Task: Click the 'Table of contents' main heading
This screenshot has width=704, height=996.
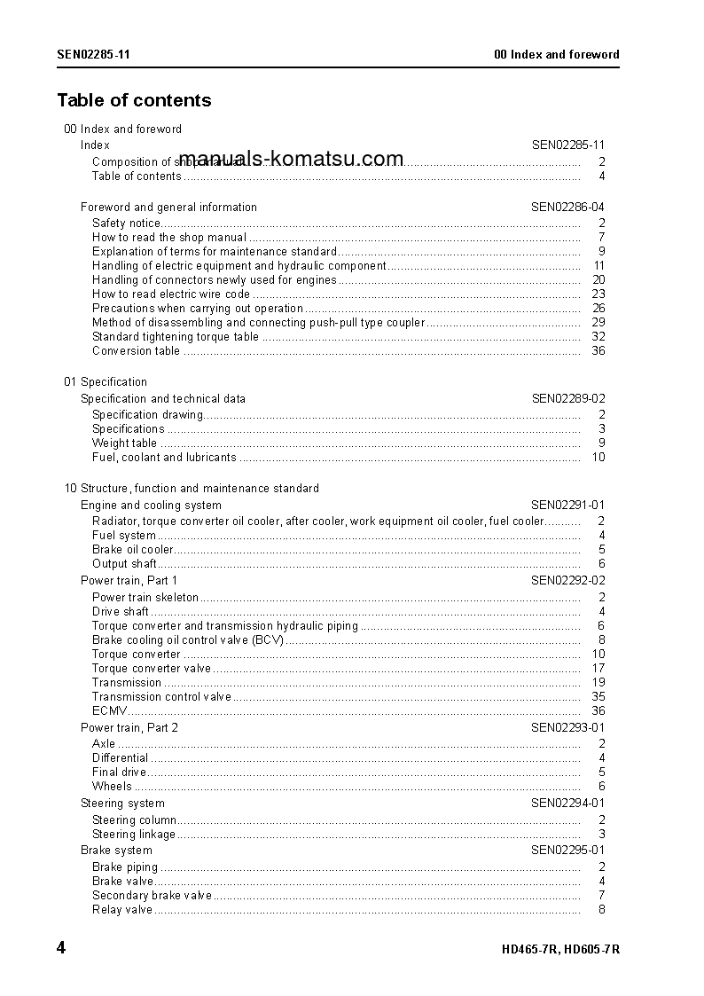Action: click(x=134, y=100)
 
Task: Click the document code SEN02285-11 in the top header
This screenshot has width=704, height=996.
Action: click(x=94, y=54)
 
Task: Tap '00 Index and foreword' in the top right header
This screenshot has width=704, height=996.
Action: click(x=556, y=54)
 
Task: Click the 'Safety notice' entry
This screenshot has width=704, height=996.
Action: click(x=127, y=223)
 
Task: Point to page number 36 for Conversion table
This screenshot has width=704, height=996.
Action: click(x=598, y=350)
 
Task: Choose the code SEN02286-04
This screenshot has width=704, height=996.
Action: click(x=567, y=207)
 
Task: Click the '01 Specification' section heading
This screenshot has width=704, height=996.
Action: click(x=106, y=381)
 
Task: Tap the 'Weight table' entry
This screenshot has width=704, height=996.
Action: click(x=124, y=443)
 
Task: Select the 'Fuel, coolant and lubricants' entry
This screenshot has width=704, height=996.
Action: click(x=164, y=457)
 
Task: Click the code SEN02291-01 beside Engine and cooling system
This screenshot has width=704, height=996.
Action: click(x=567, y=505)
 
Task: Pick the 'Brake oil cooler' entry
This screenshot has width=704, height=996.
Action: click(x=133, y=549)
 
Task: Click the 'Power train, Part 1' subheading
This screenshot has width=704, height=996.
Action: click(x=129, y=580)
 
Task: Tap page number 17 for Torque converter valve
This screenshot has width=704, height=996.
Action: click(x=598, y=668)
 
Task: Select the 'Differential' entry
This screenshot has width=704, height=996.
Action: click(x=120, y=757)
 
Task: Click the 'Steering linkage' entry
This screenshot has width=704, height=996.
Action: click(x=134, y=834)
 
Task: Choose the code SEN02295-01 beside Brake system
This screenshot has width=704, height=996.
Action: click(x=567, y=850)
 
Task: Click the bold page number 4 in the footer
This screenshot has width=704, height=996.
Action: click(x=61, y=948)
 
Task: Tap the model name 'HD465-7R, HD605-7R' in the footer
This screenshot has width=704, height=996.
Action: click(x=559, y=949)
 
